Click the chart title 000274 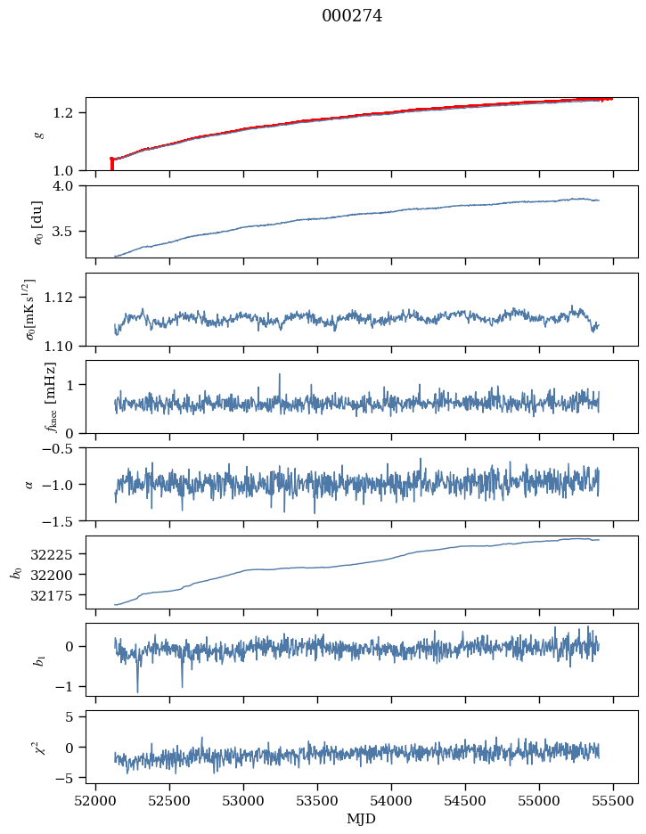click(352, 16)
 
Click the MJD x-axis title click(361, 819)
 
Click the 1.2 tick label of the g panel click(70, 112)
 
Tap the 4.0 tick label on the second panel click(70, 186)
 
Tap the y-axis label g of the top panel click(37, 134)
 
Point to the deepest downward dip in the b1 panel click(137, 691)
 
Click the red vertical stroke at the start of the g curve click(111, 164)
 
